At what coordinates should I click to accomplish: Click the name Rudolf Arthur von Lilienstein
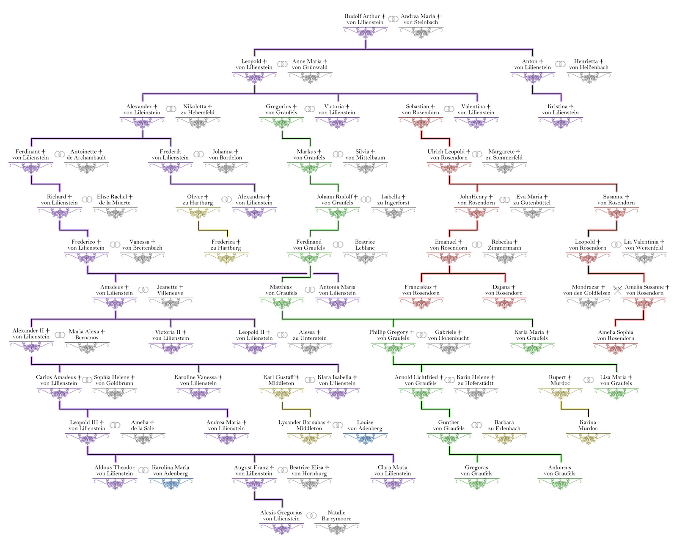(365, 19)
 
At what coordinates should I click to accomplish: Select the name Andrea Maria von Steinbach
(421, 19)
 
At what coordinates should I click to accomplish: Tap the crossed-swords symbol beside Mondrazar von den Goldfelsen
(617, 290)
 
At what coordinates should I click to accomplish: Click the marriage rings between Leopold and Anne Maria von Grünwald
(282, 64)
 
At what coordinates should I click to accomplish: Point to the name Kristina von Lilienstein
(560, 110)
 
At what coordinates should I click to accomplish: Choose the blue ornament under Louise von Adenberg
(365, 438)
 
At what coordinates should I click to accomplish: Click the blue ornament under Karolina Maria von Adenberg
(171, 484)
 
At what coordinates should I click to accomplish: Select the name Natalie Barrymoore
(336, 516)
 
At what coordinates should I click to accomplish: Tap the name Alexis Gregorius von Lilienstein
(281, 516)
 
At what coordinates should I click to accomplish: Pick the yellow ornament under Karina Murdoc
(588, 438)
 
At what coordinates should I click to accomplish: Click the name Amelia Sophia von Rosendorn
(616, 335)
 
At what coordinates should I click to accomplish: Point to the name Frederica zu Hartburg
(226, 245)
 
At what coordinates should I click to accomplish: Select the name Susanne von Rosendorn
(616, 200)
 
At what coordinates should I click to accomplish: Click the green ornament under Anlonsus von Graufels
(560, 484)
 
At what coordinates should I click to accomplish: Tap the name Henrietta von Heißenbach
(589, 64)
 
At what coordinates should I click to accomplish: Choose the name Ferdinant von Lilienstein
(30, 155)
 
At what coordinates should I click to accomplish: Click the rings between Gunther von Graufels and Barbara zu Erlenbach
(477, 425)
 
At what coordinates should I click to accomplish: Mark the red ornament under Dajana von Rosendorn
(504, 303)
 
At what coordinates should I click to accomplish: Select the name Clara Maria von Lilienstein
(393, 470)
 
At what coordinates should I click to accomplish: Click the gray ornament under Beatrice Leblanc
(365, 258)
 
